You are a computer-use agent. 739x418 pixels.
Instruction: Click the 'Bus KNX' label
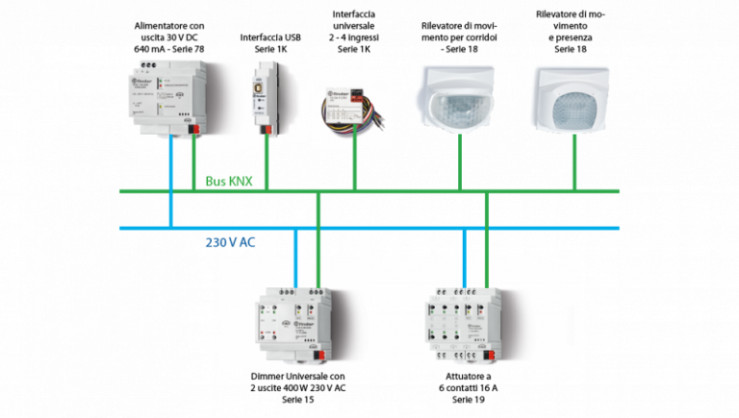(228, 180)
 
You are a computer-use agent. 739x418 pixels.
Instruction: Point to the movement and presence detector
(574, 97)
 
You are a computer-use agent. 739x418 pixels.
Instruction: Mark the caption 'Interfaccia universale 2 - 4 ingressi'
(355, 31)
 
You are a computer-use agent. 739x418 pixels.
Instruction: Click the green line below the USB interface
(267, 163)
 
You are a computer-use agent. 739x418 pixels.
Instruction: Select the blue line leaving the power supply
(171, 183)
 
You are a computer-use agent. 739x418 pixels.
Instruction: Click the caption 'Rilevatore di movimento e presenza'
(574, 31)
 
